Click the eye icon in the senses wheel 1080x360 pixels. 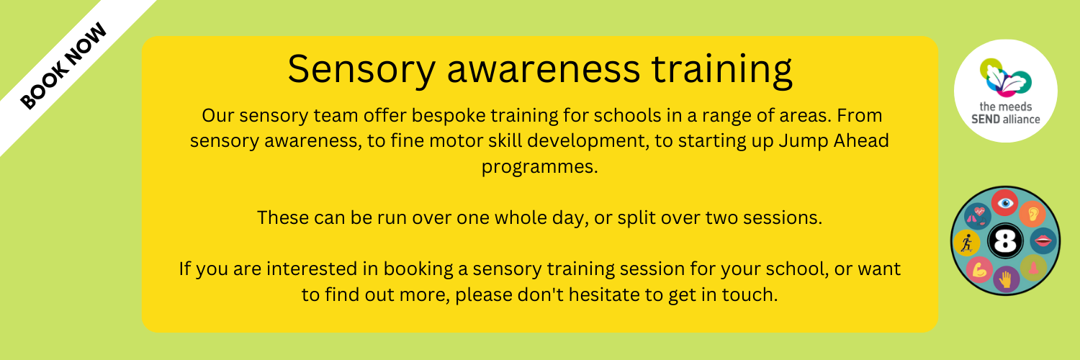click(1005, 203)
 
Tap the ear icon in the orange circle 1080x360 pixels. click(1032, 214)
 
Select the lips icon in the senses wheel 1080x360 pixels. click(1043, 240)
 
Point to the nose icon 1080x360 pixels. click(1032, 268)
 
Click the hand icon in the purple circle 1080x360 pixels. click(1006, 279)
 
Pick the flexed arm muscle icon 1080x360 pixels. click(979, 269)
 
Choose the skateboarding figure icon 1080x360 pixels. click(967, 243)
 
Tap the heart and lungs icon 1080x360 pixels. click(978, 215)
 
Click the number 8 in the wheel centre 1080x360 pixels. click(1005, 241)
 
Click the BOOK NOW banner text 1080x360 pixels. click(63, 66)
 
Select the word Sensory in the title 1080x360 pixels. click(361, 69)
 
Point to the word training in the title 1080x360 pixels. click(721, 69)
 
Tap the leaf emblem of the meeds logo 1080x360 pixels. click(1005, 77)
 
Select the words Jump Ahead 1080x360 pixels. click(834, 140)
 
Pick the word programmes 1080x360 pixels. click(539, 167)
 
